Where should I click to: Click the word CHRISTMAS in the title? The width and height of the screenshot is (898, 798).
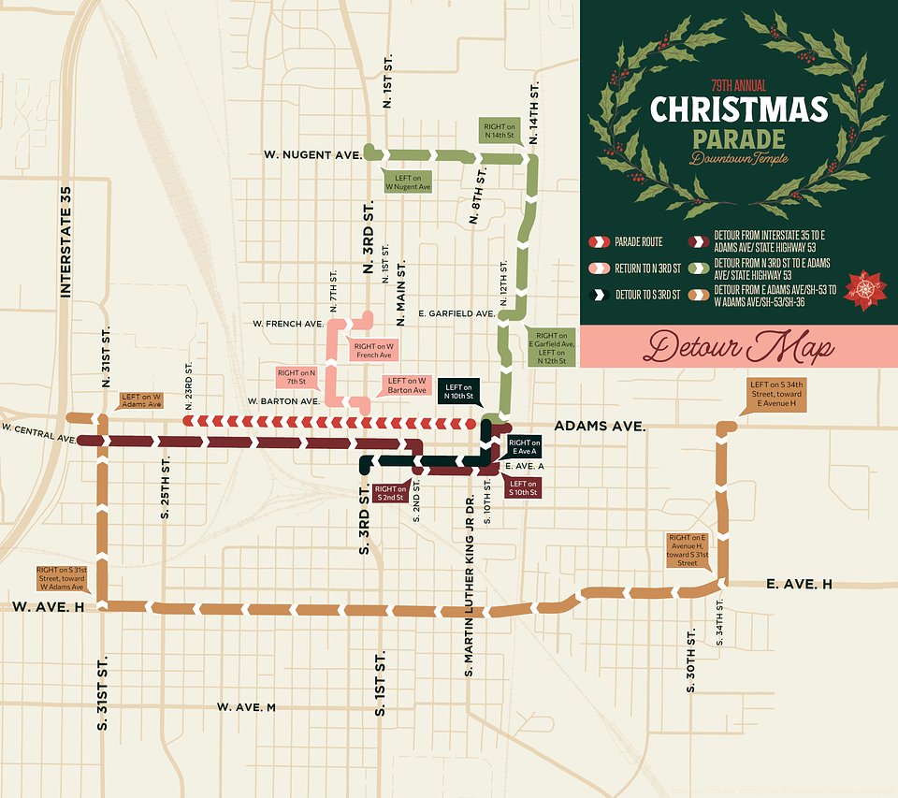pos(739,109)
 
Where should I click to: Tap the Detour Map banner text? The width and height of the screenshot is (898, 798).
pos(739,348)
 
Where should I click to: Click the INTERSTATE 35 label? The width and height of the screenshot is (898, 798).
pos(66,240)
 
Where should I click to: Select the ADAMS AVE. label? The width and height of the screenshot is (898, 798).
pos(600,426)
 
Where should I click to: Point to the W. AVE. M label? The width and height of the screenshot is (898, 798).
pos(246,707)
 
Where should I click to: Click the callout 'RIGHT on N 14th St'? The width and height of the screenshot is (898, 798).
pos(499,130)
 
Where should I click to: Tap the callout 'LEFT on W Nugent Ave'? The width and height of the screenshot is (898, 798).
pos(409,181)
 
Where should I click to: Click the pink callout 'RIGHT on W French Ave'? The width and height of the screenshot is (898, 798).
pos(372,351)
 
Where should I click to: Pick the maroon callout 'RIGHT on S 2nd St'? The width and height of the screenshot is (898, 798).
pos(390,493)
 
